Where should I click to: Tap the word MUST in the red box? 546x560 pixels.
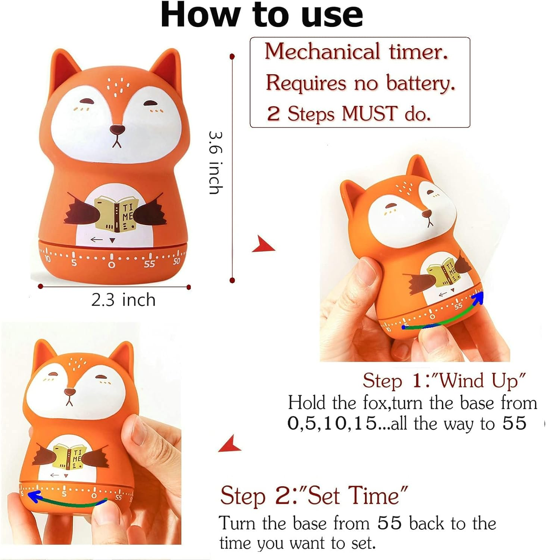coord(369,113)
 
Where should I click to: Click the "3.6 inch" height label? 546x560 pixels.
coord(216,162)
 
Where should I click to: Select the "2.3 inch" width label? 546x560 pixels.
coord(123,300)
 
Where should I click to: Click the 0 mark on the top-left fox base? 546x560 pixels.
coord(111,265)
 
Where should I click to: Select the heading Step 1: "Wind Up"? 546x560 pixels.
coord(444,381)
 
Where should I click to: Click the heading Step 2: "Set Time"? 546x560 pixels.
coord(313,496)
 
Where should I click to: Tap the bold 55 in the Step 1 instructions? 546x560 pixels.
coord(514,423)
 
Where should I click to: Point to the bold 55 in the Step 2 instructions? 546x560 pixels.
coord(389,523)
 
